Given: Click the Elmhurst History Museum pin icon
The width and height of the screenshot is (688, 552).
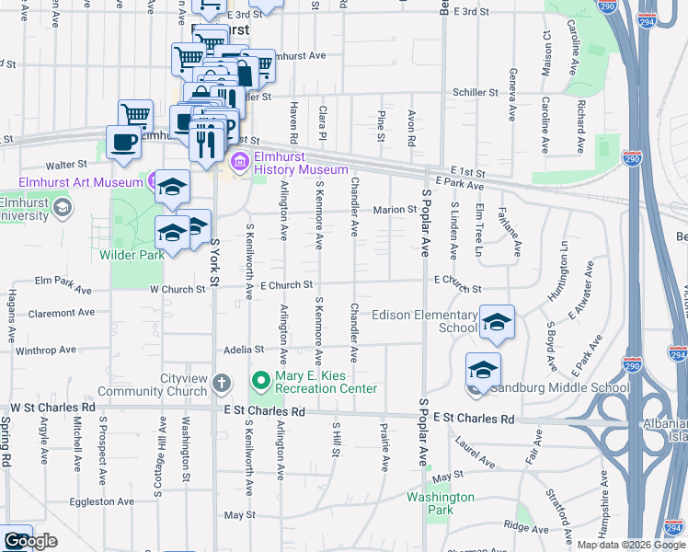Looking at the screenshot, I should click(239, 163).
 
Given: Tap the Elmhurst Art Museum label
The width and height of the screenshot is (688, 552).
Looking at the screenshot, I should click(78, 181).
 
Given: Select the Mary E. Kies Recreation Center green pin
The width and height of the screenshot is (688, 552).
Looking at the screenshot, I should click(262, 380).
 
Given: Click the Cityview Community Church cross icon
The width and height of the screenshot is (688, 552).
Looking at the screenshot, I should click(221, 382).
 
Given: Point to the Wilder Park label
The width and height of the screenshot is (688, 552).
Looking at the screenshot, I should click(132, 254).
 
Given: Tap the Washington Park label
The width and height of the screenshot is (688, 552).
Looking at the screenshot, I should click(441, 503).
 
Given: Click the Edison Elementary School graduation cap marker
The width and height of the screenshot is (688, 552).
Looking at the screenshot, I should click(497, 322).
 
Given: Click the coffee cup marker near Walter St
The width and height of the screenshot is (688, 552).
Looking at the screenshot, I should click(122, 142).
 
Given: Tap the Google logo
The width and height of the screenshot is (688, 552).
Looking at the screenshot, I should click(29, 541).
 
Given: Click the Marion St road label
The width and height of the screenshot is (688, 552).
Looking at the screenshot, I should click(395, 210).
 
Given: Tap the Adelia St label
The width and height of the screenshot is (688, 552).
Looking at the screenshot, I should click(244, 350).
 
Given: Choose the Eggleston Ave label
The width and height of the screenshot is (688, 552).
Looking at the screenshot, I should click(101, 501).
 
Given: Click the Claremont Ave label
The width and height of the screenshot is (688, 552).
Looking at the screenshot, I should click(61, 313).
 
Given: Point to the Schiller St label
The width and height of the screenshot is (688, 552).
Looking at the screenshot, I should click(475, 93).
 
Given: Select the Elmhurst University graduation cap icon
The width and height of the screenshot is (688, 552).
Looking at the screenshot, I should click(62, 207).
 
